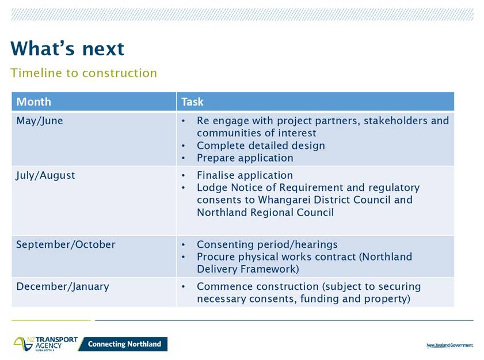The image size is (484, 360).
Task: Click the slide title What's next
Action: click(67, 48)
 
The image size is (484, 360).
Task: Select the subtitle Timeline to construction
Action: click(83, 73)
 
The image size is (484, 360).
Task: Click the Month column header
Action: click(33, 101)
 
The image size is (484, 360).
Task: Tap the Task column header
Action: click(192, 101)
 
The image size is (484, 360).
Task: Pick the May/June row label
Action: click(40, 121)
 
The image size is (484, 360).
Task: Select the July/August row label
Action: click(45, 175)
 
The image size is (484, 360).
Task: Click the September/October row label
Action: click(66, 244)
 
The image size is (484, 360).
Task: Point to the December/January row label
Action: click(63, 286)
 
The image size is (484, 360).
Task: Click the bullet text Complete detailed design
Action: click(261, 145)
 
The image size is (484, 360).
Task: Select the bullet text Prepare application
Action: click(245, 158)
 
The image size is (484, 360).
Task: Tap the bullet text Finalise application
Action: click(245, 175)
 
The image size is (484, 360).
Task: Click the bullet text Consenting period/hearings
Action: click(267, 244)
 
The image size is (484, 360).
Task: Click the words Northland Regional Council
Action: click(265, 212)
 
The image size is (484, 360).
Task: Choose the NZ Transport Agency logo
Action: click(45, 344)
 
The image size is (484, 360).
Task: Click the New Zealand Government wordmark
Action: click(449, 345)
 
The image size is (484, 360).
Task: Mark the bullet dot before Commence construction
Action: click(184, 286)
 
